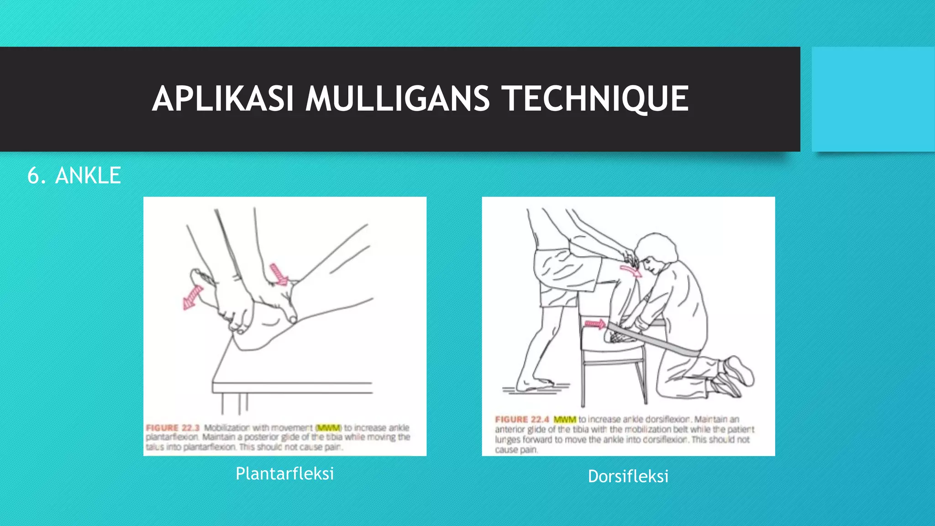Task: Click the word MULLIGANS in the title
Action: pyautogui.click(x=397, y=99)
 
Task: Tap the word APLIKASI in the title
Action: pyautogui.click(x=222, y=99)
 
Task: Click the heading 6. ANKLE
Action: pyautogui.click(x=74, y=176)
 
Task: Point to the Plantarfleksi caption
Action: pyautogui.click(x=284, y=473)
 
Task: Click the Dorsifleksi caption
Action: pyautogui.click(x=628, y=476)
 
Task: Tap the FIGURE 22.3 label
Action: pyautogui.click(x=173, y=428)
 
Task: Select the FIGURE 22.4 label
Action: pyautogui.click(x=522, y=419)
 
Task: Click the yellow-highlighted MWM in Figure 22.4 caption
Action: pyautogui.click(x=565, y=419)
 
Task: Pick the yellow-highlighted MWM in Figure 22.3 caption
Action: pyautogui.click(x=328, y=428)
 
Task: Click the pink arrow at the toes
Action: pyautogui.click(x=192, y=297)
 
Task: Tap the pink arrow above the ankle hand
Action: pyautogui.click(x=278, y=274)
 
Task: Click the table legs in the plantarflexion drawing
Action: pyautogui.click(x=235, y=404)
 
